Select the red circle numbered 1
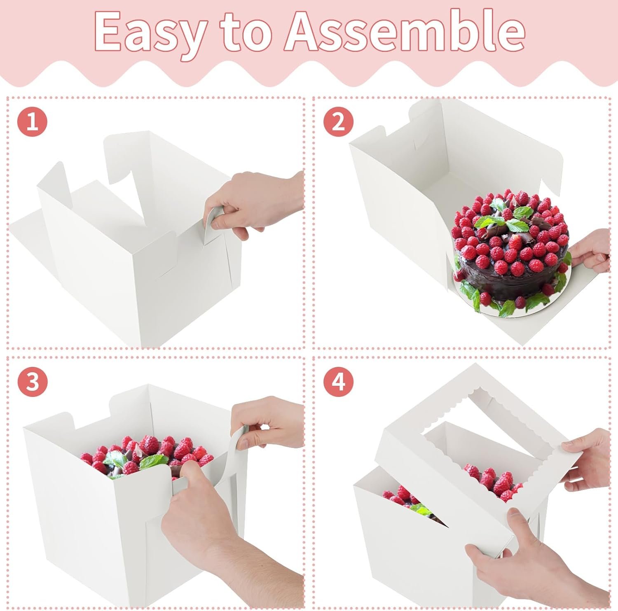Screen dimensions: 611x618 [32, 122]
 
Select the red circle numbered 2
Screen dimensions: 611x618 [338, 122]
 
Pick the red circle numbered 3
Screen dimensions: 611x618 [32, 382]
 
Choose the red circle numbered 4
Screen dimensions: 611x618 [338, 382]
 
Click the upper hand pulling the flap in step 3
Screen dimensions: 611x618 [268, 424]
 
